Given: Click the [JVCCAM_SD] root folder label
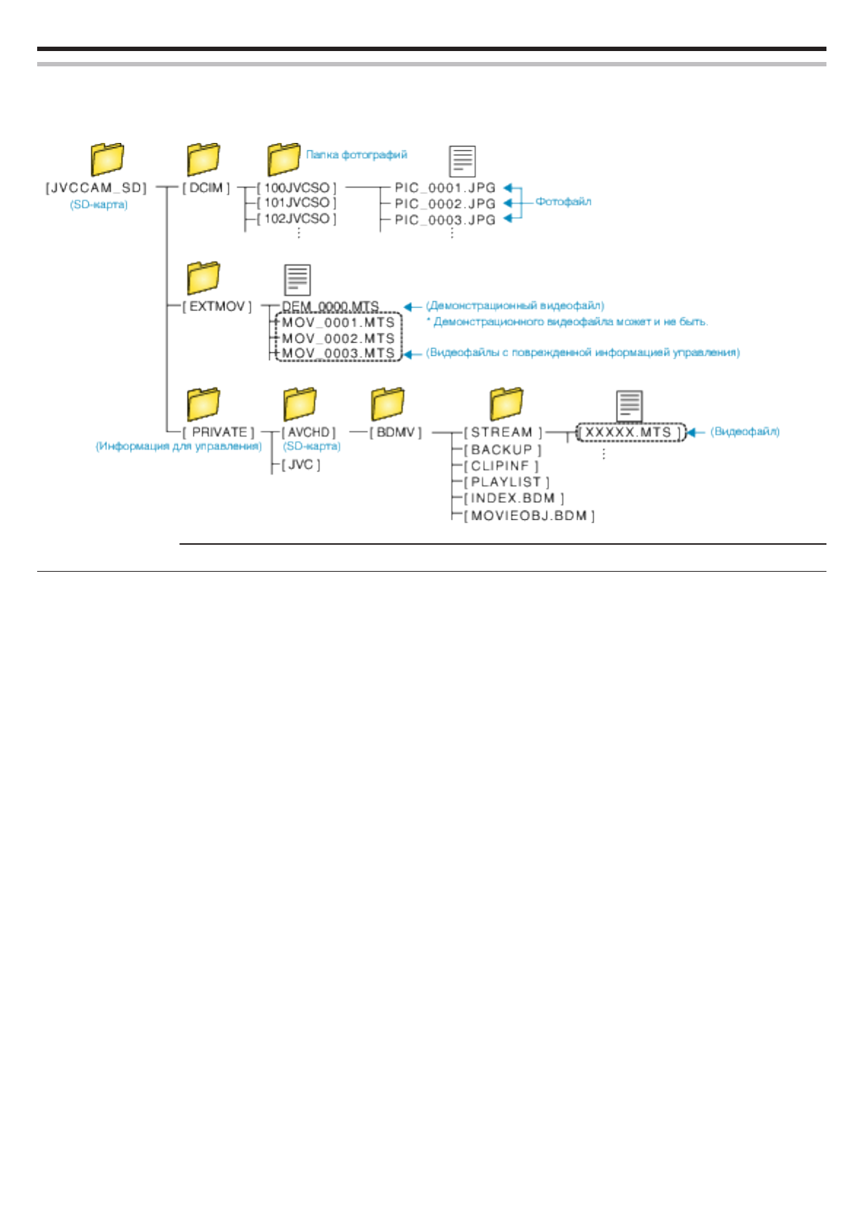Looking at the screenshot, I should click(x=96, y=188).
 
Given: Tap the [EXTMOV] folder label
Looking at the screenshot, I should click(x=216, y=307).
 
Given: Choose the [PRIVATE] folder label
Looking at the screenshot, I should click(x=219, y=432).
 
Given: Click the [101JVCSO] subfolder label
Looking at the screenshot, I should click(x=297, y=203).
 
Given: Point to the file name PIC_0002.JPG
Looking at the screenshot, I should click(x=445, y=204).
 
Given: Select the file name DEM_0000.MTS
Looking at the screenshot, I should click(x=330, y=307).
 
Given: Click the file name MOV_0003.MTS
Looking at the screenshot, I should click(x=338, y=354).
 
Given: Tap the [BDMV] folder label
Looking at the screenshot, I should click(x=395, y=432).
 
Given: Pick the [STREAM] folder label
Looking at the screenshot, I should click(x=503, y=432).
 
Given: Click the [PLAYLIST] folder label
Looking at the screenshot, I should click(x=507, y=482).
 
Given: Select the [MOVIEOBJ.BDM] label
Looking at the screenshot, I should click(x=529, y=516).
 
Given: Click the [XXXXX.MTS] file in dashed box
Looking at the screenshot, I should click(x=630, y=432).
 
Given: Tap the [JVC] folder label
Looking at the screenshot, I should click(x=301, y=465).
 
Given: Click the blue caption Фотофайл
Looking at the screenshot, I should click(x=563, y=202).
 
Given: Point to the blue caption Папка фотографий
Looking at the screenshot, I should click(x=356, y=155).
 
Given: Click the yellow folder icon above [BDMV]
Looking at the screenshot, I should click(x=387, y=403).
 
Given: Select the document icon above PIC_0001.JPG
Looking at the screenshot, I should click(x=462, y=161).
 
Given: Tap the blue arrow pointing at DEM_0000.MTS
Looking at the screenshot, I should click(x=413, y=307).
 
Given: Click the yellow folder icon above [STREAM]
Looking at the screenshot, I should click(x=507, y=403).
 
